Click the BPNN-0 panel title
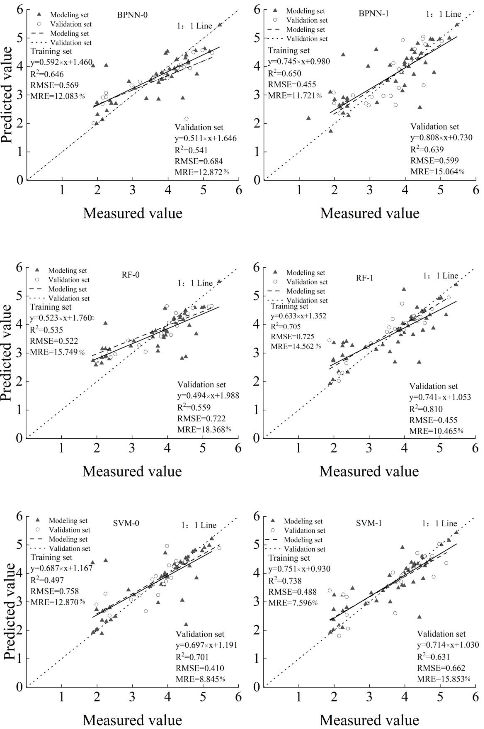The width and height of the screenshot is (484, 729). (x=132, y=15)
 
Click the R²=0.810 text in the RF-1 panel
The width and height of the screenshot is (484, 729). (x=426, y=409)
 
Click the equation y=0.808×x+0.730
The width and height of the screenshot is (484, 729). (x=441, y=137)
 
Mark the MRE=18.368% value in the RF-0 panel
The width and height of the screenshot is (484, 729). (x=204, y=429)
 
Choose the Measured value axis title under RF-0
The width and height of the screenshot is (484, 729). (x=132, y=472)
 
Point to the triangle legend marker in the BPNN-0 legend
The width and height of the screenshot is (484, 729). (x=39, y=14)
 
